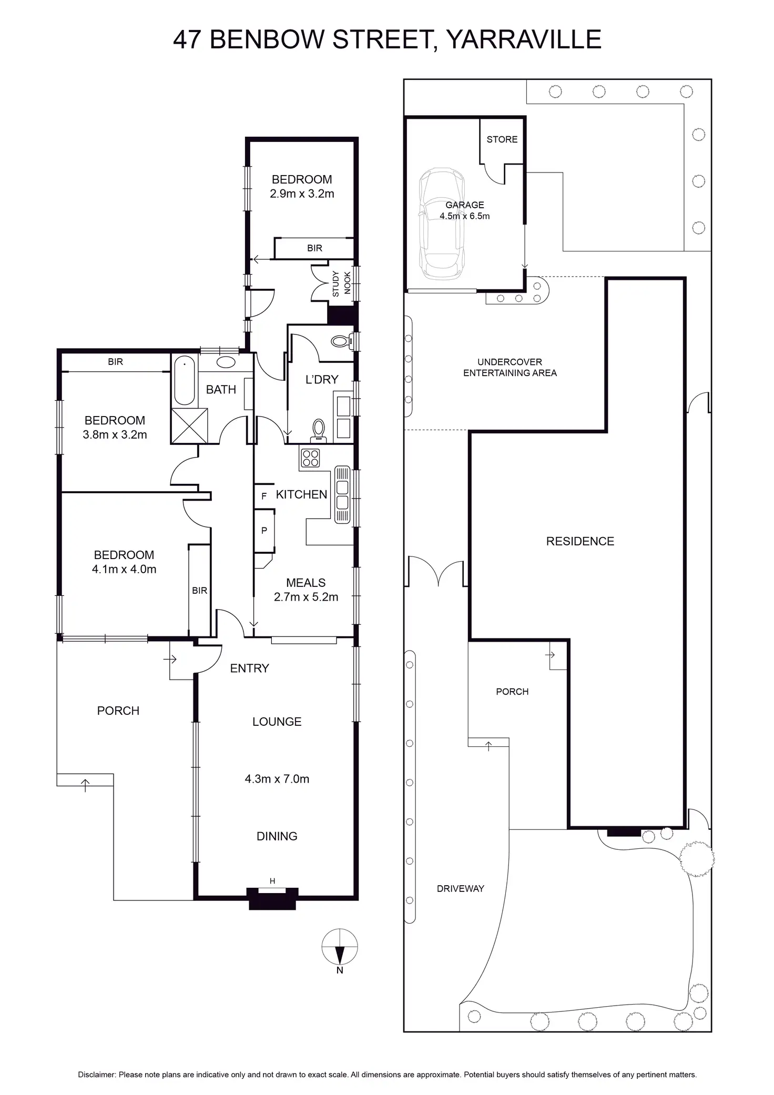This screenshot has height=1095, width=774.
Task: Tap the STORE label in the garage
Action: pyautogui.click(x=502, y=139)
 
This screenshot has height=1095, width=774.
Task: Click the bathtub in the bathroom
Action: pyautogui.click(x=184, y=380)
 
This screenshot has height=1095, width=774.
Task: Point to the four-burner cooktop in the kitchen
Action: pyautogui.click(x=310, y=458)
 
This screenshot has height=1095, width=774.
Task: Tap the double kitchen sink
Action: pyautogui.click(x=342, y=494)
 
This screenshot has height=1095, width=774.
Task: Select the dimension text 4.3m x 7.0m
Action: pyautogui.click(x=277, y=779)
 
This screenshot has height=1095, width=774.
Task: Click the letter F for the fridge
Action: pyautogui.click(x=264, y=496)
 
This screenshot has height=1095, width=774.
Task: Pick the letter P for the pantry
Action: pyautogui.click(x=264, y=531)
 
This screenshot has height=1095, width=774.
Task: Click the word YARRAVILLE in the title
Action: pyautogui.click(x=523, y=39)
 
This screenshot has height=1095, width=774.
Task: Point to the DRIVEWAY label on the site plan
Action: pyautogui.click(x=460, y=888)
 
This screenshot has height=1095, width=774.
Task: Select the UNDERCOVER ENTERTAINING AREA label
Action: pyautogui.click(x=510, y=367)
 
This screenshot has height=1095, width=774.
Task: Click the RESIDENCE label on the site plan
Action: pyautogui.click(x=580, y=541)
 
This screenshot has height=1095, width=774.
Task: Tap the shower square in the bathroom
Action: pyautogui.click(x=189, y=426)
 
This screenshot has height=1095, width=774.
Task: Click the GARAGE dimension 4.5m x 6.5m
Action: pyautogui.click(x=464, y=216)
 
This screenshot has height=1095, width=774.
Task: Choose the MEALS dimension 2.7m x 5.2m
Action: pyautogui.click(x=305, y=597)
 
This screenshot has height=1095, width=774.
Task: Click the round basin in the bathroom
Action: pyautogui.click(x=226, y=362)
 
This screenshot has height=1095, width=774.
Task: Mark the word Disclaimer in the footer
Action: pyautogui.click(x=97, y=1075)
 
